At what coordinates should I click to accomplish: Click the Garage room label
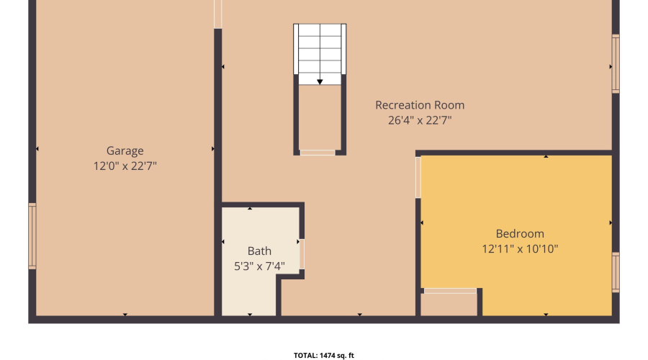coord(125,150)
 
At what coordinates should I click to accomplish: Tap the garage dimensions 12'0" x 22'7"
coord(125,166)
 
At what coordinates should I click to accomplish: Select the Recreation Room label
coord(420,105)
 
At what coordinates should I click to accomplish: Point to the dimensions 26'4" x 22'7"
coord(420,121)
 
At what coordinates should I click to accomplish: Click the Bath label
coord(259,251)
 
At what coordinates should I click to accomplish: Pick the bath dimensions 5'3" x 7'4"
coord(259,266)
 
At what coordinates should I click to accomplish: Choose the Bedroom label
coord(520,234)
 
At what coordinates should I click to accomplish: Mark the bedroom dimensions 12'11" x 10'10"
coord(520,249)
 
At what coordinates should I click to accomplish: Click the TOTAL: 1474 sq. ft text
coord(324,355)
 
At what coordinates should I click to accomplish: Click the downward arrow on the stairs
coord(320,81)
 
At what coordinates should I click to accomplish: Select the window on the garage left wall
coord(32,236)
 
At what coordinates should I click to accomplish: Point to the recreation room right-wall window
coord(616,64)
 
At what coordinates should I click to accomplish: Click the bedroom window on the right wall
coord(616,272)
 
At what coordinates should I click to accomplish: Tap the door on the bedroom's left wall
coord(418,178)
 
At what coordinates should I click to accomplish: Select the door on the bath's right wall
coord(302,254)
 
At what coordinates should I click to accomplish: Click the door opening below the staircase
coord(318,152)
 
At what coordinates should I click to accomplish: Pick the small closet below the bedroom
coord(449,305)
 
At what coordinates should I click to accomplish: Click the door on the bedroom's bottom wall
coord(450,291)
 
